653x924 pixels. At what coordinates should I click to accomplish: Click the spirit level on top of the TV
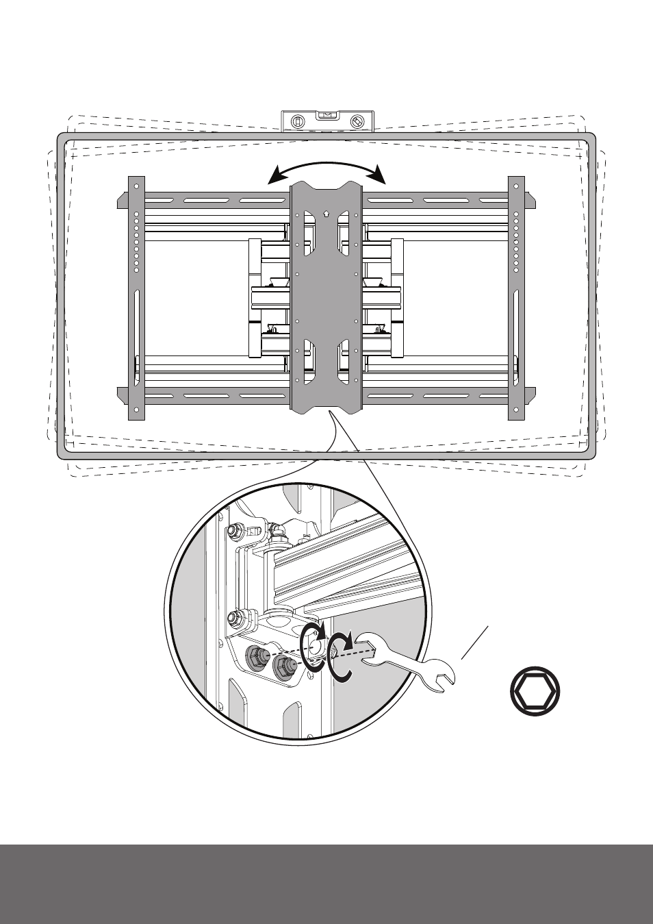[327, 121]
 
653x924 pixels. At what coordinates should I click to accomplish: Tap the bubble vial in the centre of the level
[327, 115]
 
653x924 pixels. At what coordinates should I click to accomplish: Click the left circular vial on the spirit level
[297, 122]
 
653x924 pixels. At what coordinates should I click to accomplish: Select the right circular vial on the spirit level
[357, 122]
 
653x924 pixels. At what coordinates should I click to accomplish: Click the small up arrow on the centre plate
[326, 213]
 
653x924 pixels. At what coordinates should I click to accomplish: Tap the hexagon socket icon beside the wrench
[535, 691]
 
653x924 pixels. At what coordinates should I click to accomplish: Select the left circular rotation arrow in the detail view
[313, 645]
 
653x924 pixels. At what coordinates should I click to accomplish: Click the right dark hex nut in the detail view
[282, 665]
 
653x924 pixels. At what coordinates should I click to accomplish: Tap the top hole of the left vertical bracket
[136, 186]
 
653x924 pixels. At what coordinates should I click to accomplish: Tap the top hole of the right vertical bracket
[515, 186]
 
